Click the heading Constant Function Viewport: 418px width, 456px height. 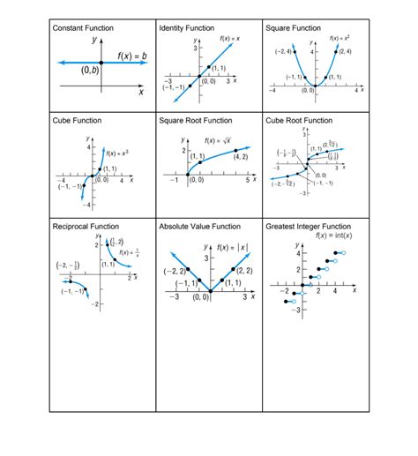pyautogui.click(x=83, y=28)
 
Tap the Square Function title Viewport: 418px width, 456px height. pyautogui.click(x=294, y=28)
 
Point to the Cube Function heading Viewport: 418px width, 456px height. pyautogui.click(x=77, y=120)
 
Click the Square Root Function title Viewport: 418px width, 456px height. pyautogui.click(x=196, y=120)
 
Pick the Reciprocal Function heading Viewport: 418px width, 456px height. pyautogui.click(x=86, y=227)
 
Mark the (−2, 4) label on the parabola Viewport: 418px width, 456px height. pyautogui.click(x=284, y=52)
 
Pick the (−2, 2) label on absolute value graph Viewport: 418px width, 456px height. pyautogui.click(x=174, y=271)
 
